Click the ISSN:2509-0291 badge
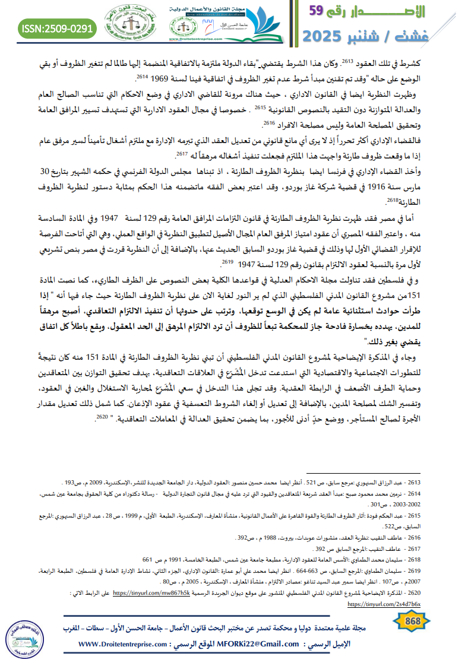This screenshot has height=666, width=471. [57, 27]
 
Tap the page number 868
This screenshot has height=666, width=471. [412, 620]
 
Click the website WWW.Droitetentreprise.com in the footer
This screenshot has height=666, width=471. [128, 644]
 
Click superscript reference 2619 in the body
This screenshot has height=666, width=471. [226, 261]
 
